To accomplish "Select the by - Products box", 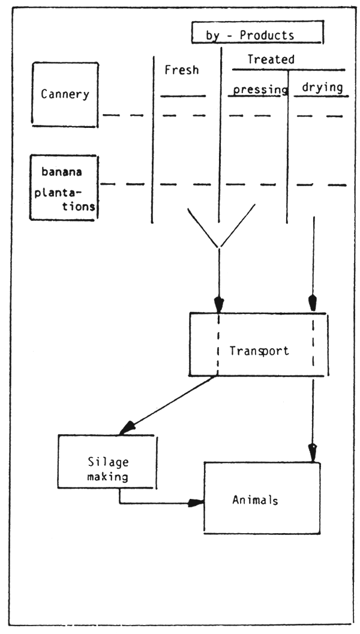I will (257, 34).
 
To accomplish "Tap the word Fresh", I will (181, 70).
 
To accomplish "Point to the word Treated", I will (271, 59).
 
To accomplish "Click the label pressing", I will (260, 89).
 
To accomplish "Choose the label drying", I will (322, 88).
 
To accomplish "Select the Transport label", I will (259, 350).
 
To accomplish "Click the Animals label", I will (255, 500).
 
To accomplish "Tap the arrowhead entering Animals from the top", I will (312, 451).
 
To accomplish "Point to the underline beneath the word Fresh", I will (183, 96).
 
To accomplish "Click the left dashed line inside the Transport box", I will (218, 345).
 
